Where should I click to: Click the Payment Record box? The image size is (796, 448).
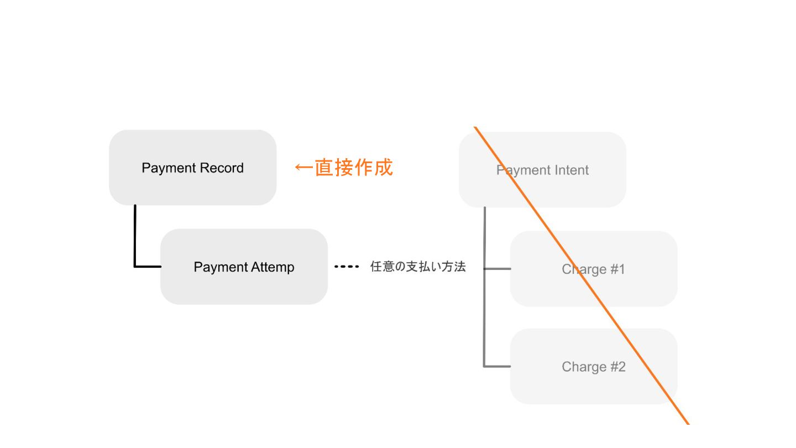point(192,168)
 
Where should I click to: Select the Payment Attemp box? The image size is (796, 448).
point(244,267)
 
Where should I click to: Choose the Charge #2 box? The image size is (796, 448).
point(593,367)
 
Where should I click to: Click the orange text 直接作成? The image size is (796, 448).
point(354,167)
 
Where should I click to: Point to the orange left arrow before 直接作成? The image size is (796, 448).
point(303,167)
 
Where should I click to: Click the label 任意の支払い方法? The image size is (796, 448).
point(418,267)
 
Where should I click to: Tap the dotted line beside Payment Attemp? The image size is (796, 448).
point(347,267)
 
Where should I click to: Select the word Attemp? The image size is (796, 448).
point(273,267)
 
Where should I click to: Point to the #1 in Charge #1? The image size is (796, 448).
point(617,269)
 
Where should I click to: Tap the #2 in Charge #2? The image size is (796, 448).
point(618,367)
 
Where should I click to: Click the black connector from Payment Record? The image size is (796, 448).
point(135,238)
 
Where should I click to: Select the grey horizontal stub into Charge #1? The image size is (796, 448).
point(498,269)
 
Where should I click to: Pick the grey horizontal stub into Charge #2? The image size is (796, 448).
point(498,366)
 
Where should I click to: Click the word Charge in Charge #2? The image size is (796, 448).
point(583,367)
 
